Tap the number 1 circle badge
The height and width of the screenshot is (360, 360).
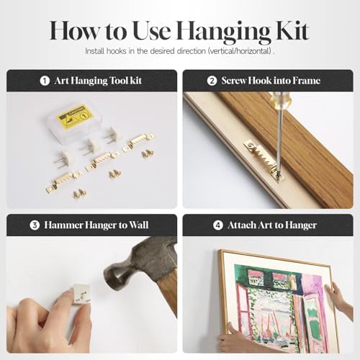(x=45, y=81)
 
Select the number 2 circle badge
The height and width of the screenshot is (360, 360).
(x=212, y=81)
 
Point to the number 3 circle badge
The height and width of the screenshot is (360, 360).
(x=35, y=225)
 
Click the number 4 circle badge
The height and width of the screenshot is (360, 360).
(x=218, y=225)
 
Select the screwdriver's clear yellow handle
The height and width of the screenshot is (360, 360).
(x=280, y=99)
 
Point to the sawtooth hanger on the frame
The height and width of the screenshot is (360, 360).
(x=264, y=160)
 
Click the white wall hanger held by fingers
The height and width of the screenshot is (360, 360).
(x=81, y=294)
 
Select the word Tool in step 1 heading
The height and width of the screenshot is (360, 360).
(x=119, y=81)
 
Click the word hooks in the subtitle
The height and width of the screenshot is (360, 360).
(x=116, y=51)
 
